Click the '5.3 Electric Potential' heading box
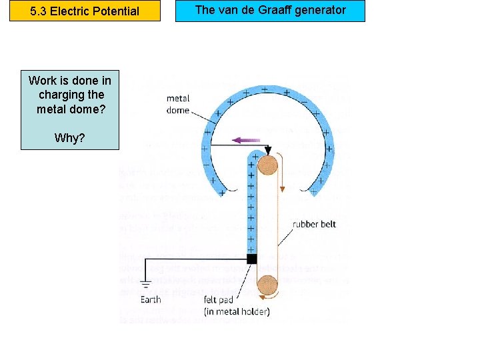pyautogui.click(x=85, y=11)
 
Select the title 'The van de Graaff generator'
pyautogui.click(x=270, y=10)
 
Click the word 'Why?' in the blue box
pyautogui.click(x=70, y=138)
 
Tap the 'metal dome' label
pyautogui.click(x=178, y=105)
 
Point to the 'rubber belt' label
pyautogui.click(x=314, y=224)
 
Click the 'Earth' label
pyautogui.click(x=150, y=299)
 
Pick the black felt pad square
pyautogui.click(x=251, y=259)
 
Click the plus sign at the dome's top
pyautogui.click(x=265, y=87)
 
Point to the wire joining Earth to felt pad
pyautogui.click(x=193, y=259)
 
